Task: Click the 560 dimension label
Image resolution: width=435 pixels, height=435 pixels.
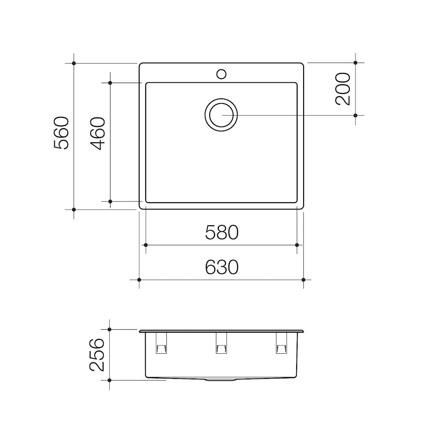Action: point(61,133)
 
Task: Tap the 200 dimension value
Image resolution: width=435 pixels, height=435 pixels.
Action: point(343,89)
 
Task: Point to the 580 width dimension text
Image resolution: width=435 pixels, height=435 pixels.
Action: point(222,232)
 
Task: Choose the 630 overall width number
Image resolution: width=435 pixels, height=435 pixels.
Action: point(222,267)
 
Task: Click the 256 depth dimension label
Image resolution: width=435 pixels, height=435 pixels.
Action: point(97,355)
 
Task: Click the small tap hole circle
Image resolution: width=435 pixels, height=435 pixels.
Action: point(221,74)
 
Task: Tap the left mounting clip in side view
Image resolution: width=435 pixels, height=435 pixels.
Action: point(161,344)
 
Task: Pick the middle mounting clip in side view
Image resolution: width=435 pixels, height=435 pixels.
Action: point(221,344)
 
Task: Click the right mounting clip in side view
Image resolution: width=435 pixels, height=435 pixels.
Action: point(281,344)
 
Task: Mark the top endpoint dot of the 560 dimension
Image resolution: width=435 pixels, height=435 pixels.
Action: point(74,64)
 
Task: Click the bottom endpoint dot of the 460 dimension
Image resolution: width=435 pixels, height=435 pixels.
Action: point(110,201)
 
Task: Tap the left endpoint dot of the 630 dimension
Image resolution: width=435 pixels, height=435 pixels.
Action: point(139,280)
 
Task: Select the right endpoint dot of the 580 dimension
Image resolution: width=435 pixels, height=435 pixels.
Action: point(297,245)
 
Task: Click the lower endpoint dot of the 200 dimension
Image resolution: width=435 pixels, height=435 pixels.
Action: point(355,115)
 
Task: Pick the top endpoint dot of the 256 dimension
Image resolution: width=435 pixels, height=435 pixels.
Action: point(110,330)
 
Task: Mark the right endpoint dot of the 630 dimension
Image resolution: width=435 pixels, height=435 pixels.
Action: point(304,280)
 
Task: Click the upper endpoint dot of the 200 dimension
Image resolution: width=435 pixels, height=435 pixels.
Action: point(355,63)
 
